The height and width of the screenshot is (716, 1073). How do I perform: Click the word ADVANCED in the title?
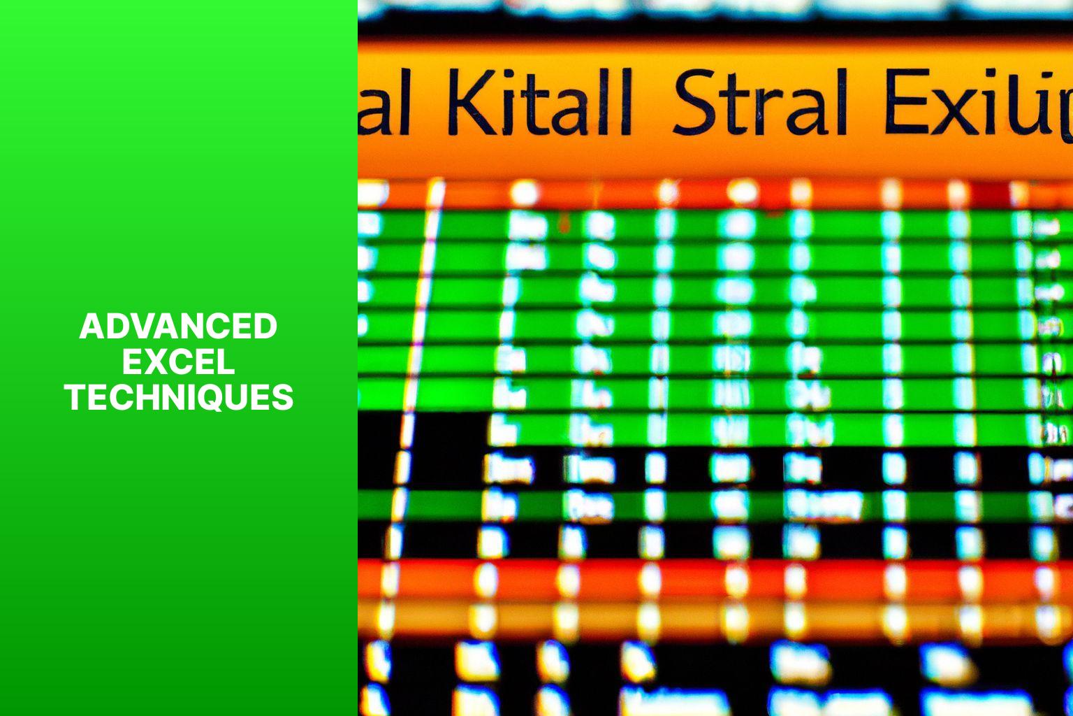point(179,327)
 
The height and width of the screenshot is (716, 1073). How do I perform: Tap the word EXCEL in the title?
point(179,362)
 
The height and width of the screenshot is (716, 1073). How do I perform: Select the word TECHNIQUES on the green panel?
point(179,398)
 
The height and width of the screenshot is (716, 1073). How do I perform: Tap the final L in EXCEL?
point(225,362)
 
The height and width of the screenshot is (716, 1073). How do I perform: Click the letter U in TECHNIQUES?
point(244,398)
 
